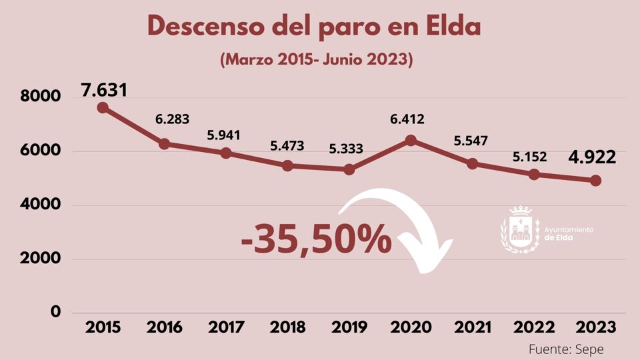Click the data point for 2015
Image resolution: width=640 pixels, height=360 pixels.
click(x=103, y=107)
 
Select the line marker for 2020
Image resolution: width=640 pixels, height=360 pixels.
click(x=411, y=140)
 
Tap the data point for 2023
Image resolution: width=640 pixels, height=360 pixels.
click(x=595, y=181)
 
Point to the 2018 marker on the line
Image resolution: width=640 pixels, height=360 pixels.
click(x=288, y=165)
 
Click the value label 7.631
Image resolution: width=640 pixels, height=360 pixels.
click(x=104, y=89)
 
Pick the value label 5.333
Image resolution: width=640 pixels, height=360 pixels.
click(x=346, y=149)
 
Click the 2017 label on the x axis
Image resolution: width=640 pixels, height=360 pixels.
click(x=226, y=328)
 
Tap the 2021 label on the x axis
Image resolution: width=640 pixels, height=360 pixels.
click(x=472, y=328)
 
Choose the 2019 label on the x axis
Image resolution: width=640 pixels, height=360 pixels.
click(x=349, y=328)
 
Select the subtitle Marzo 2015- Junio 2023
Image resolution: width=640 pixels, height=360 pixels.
click(x=317, y=59)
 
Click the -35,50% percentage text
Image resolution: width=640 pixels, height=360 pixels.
click(x=317, y=240)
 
